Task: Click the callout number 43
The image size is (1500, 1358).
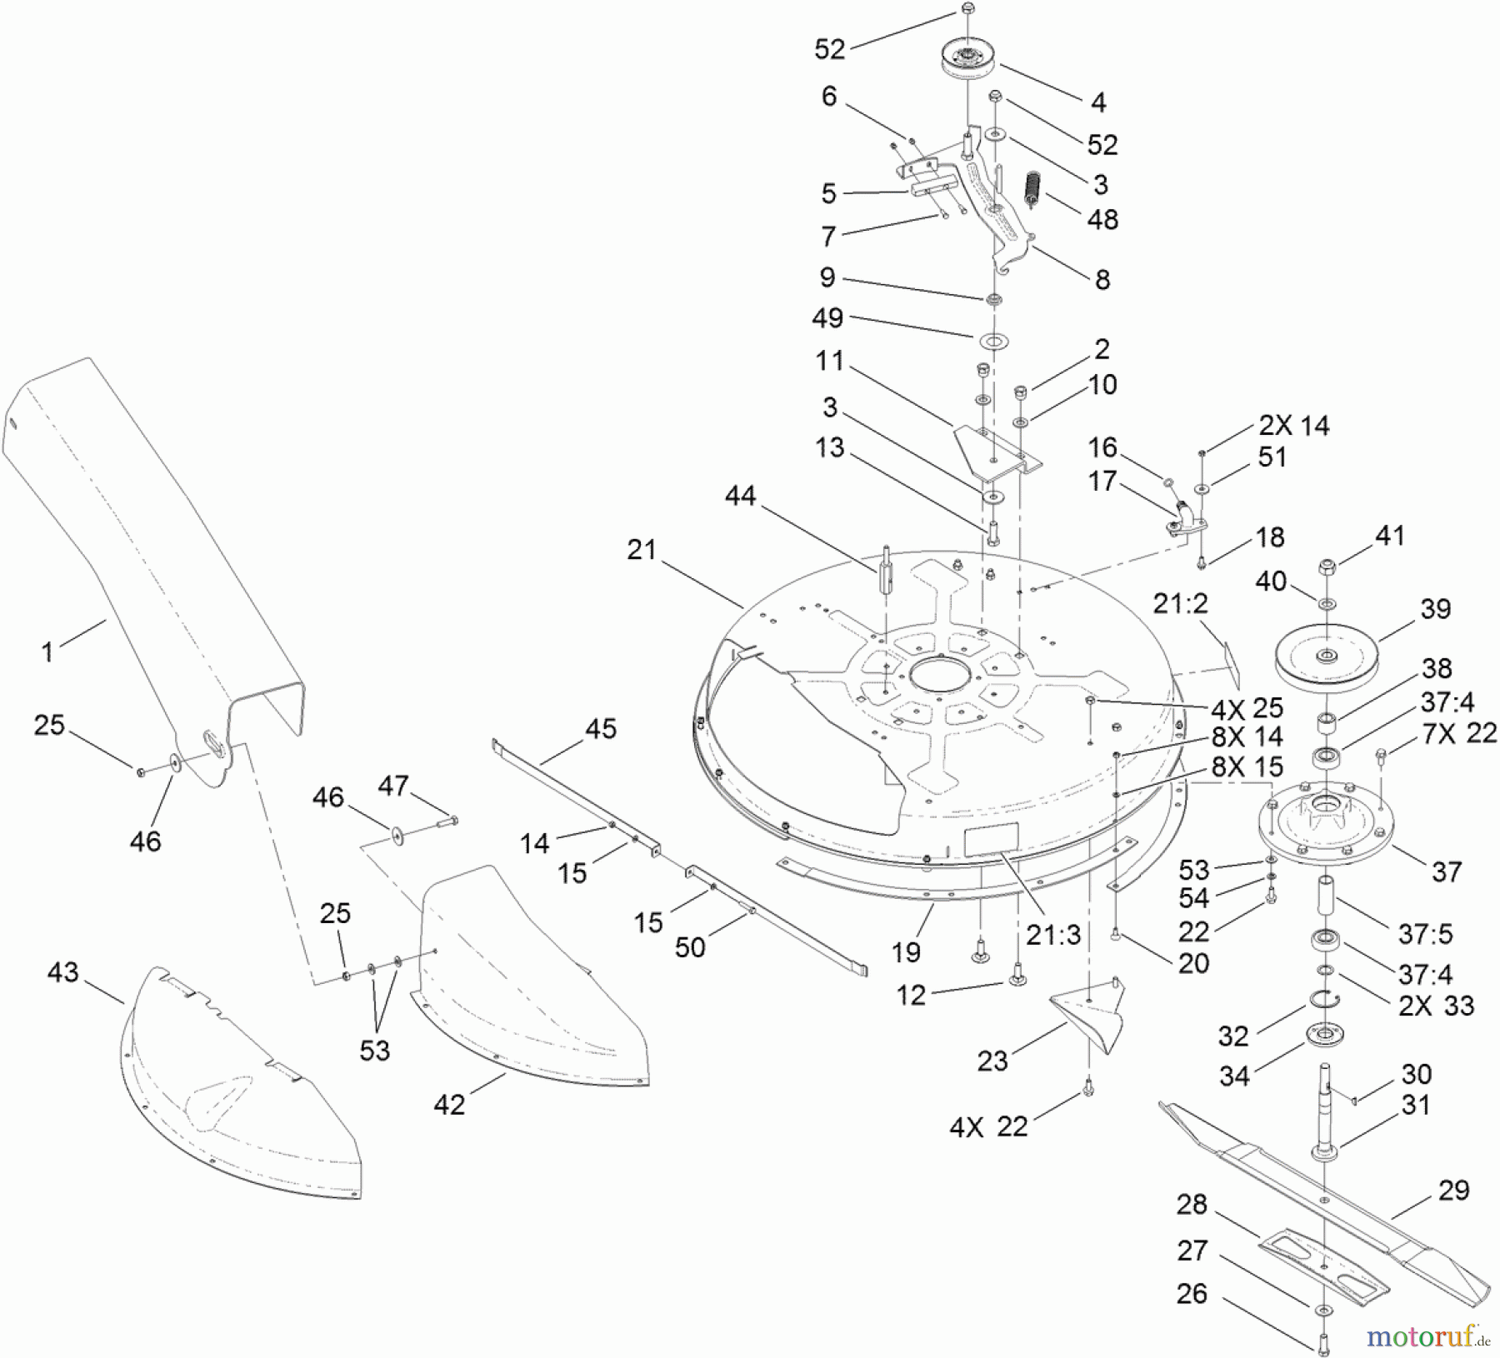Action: tap(63, 972)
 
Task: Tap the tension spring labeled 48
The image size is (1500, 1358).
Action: tap(1033, 191)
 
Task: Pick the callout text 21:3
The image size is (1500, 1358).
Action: tap(1053, 935)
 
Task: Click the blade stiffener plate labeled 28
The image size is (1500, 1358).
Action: tap(1325, 1267)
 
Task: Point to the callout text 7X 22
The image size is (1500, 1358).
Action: tap(1457, 733)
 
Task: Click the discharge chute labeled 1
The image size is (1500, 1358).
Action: tap(142, 533)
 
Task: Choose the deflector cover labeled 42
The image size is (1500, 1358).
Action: tap(533, 991)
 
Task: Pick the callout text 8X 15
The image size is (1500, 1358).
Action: tap(1247, 766)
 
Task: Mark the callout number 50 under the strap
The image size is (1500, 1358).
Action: tap(689, 947)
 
